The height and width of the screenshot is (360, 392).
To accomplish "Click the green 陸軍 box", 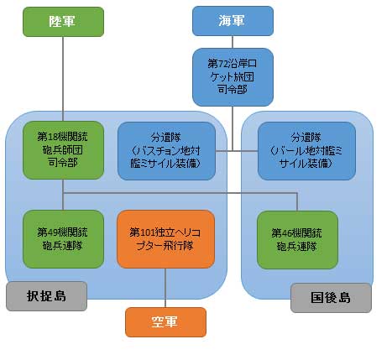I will (x=63, y=21).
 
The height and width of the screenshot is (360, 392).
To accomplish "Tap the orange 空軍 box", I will (x=165, y=322).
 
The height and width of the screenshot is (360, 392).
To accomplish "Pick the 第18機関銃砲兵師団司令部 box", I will (x=63, y=150).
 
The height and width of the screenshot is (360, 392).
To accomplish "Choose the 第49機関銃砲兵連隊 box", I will (x=63, y=239).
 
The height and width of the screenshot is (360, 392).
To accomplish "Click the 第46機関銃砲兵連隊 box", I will (x=298, y=239).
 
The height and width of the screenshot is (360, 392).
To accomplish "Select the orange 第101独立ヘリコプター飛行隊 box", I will (x=165, y=239).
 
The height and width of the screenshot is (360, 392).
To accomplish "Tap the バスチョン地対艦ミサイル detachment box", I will (x=165, y=150).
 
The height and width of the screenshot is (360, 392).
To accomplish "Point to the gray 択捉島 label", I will (x=46, y=296).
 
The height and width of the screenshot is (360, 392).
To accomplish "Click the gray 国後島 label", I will (x=329, y=297).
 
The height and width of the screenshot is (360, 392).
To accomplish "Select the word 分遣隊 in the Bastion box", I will (x=165, y=135).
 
